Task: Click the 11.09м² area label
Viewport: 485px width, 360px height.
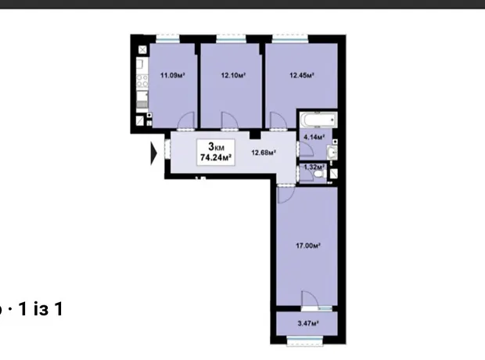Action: click(x=173, y=75)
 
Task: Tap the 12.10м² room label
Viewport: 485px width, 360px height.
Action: click(x=233, y=75)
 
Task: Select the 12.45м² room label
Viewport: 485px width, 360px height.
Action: click(x=302, y=75)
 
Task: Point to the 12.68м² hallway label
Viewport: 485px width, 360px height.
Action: click(x=264, y=153)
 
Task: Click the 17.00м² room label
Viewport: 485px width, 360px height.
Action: click(x=308, y=246)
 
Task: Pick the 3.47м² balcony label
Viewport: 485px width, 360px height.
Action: click(x=308, y=324)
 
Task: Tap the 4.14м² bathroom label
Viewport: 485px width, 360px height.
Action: click(x=314, y=137)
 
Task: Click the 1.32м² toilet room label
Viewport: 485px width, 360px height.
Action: click(x=314, y=167)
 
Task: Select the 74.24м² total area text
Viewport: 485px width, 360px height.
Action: click(x=216, y=157)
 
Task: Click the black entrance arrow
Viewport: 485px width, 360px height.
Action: click(x=154, y=153)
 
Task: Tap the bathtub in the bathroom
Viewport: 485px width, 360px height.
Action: click(x=318, y=120)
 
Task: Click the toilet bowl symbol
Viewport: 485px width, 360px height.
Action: click(x=318, y=175)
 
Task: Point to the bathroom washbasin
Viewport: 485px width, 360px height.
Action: click(x=332, y=153)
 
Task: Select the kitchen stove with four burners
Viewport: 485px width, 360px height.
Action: click(x=142, y=81)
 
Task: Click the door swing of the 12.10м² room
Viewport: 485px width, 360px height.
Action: click(x=229, y=121)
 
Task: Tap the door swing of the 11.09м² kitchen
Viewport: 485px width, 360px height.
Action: click(x=186, y=121)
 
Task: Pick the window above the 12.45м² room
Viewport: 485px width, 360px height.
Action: click(x=290, y=39)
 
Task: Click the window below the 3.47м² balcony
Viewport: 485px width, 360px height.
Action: click(x=305, y=340)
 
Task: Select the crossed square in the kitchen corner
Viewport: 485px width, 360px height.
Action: click(x=142, y=50)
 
